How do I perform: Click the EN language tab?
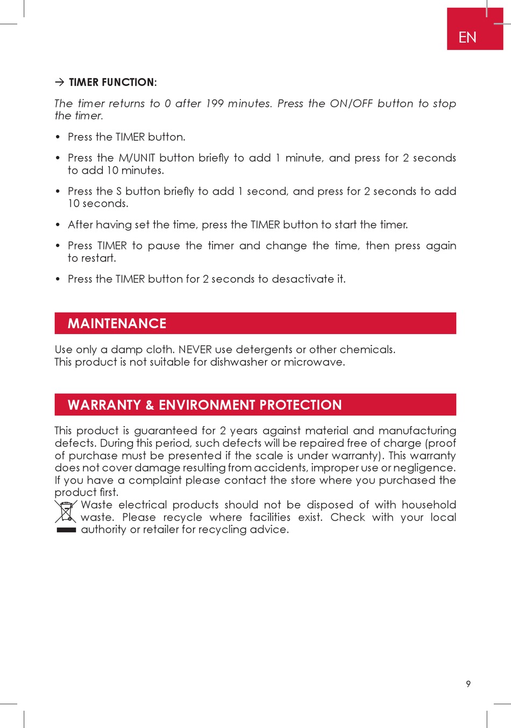click(x=467, y=37)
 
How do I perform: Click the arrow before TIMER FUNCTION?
click(x=59, y=82)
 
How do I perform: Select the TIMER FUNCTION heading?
click(x=112, y=82)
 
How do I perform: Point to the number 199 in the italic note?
click(x=215, y=103)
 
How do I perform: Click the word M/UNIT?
click(x=137, y=158)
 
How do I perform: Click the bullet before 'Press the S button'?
click(x=58, y=192)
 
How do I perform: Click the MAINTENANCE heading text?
click(x=117, y=323)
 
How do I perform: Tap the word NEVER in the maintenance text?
click(x=195, y=350)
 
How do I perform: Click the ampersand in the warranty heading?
click(x=150, y=405)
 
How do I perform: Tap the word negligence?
click(x=424, y=468)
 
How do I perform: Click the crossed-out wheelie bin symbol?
click(x=66, y=512)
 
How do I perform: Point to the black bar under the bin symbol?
click(x=66, y=530)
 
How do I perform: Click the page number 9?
click(x=469, y=684)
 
